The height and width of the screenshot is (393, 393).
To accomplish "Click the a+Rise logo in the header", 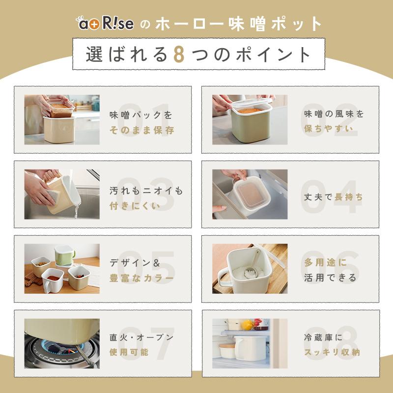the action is [x=105, y=23].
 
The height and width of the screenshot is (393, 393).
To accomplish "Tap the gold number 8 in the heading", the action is [x=179, y=54].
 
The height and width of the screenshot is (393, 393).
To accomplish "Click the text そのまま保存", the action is [x=142, y=130].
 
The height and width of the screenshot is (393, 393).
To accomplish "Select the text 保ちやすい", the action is [x=329, y=129].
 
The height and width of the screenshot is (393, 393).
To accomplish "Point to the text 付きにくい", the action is [x=135, y=206].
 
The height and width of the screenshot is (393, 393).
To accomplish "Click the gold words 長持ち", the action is [x=349, y=197].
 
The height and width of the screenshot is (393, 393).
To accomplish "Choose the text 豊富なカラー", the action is [x=141, y=278].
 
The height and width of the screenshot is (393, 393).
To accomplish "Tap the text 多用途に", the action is [x=326, y=262].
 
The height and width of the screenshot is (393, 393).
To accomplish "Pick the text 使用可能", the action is [x=129, y=352].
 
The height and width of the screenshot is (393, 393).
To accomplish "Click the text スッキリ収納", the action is [x=332, y=352].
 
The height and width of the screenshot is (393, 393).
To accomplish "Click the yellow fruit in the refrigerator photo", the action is [x=248, y=325].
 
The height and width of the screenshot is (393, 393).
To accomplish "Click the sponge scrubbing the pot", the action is [x=53, y=197].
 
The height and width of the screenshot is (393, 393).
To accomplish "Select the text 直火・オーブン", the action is [x=141, y=337].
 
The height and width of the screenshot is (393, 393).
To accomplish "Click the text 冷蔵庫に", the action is [x=323, y=337].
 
